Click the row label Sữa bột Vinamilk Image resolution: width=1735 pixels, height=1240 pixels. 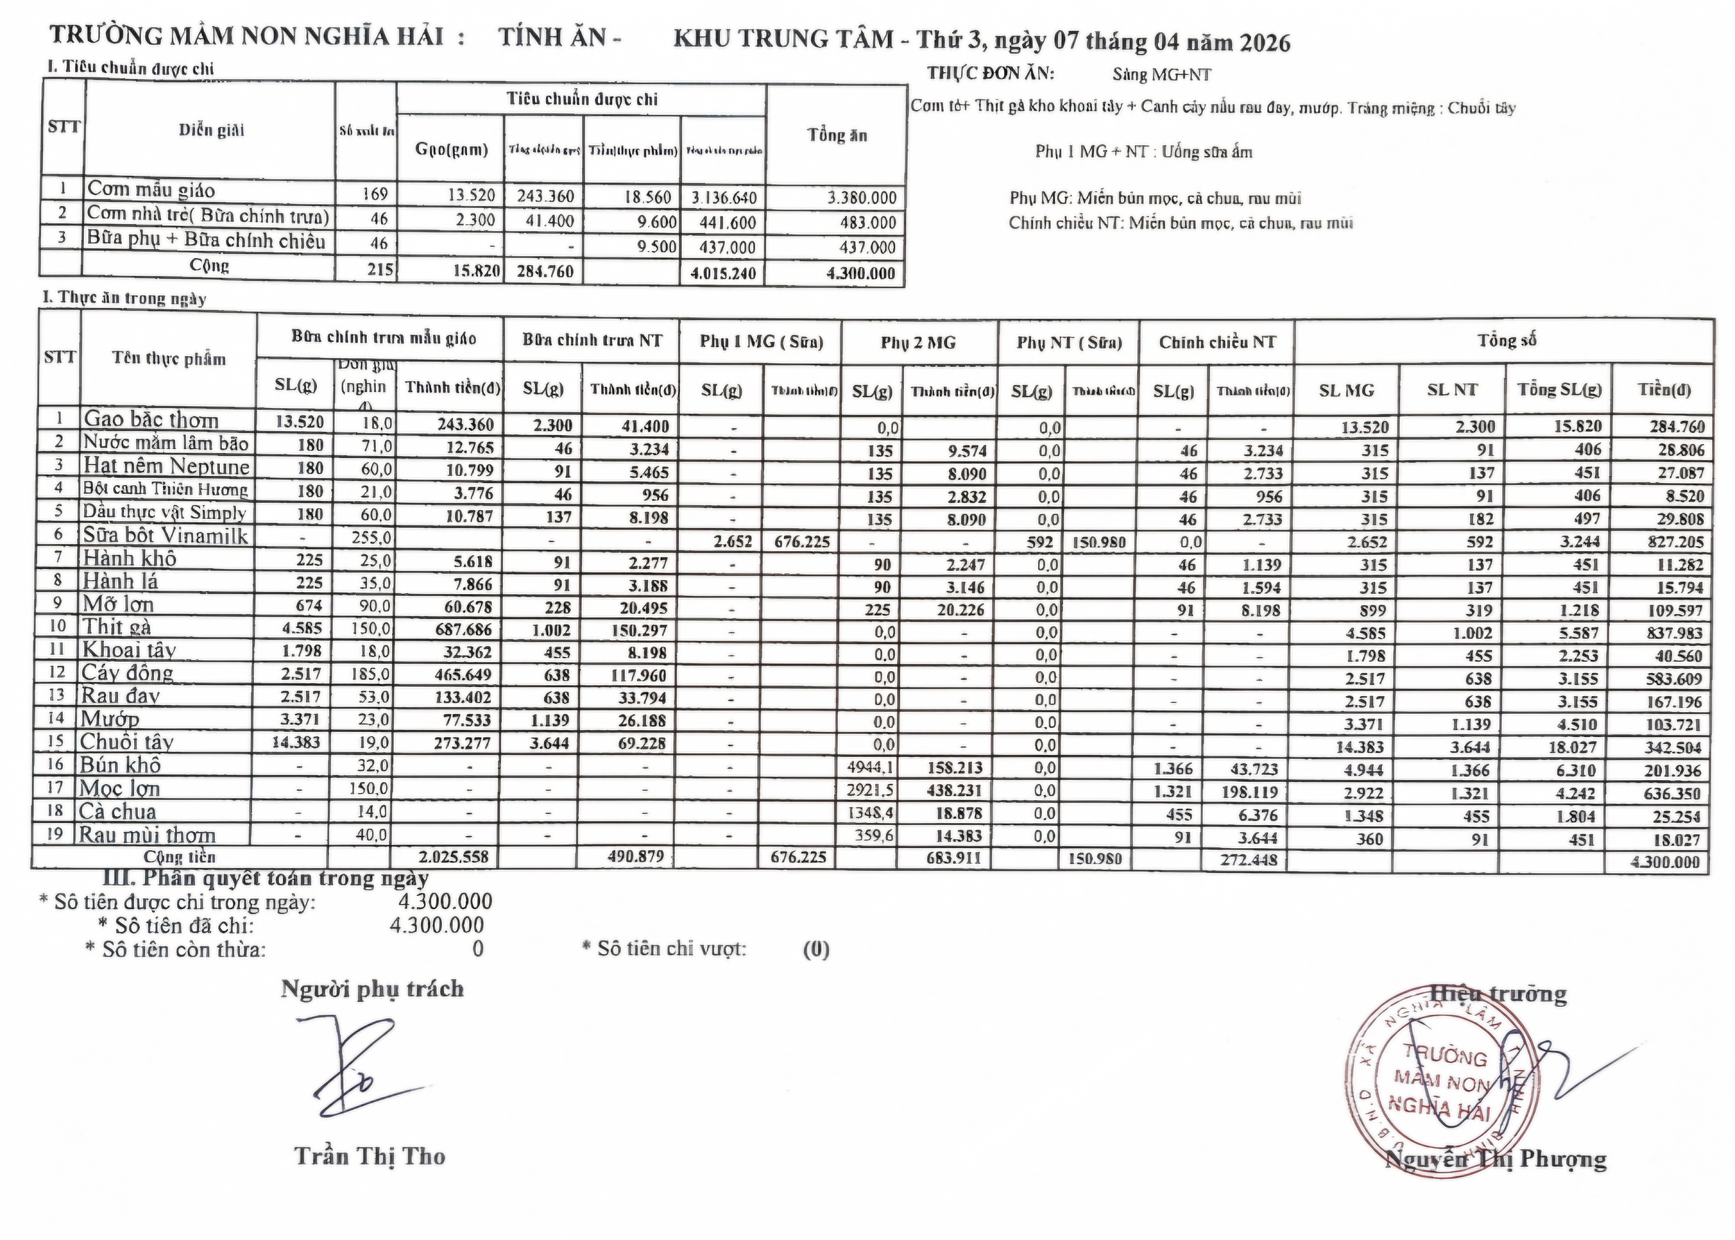pos(165,536)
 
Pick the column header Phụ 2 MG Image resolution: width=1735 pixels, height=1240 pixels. pos(918,343)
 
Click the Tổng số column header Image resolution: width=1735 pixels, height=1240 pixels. pos(1506,340)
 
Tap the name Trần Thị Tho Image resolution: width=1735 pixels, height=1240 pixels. pos(370,1156)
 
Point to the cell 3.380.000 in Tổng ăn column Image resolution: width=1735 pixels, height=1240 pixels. pos(861,198)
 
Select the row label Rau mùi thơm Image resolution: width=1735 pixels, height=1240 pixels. pos(147,835)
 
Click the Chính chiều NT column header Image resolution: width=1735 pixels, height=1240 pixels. pos(1217,343)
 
